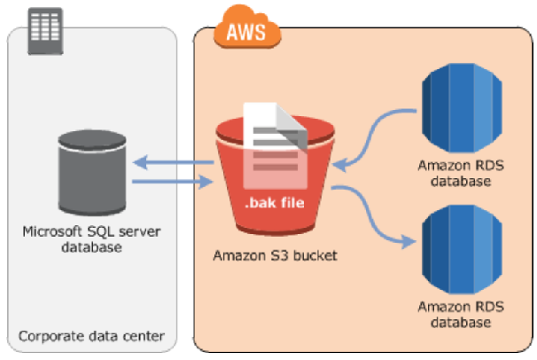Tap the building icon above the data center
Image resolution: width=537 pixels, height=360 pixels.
(x=41, y=27)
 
